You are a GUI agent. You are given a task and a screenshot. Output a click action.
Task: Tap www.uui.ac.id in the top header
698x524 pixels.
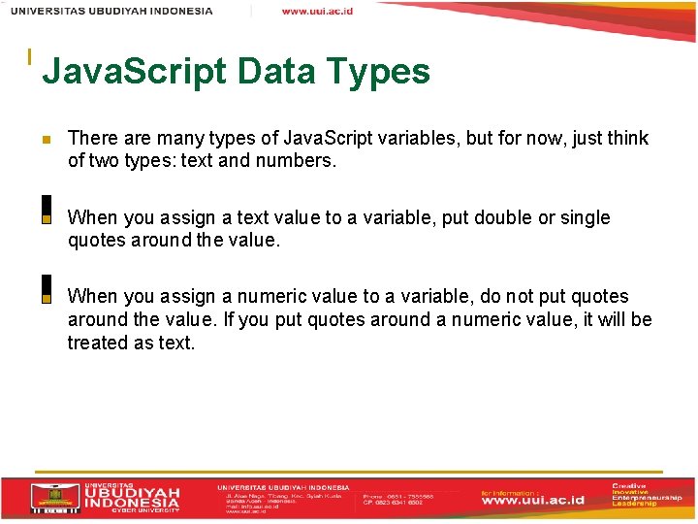[317, 11]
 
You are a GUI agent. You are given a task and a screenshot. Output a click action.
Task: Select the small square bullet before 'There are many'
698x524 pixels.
[45, 139]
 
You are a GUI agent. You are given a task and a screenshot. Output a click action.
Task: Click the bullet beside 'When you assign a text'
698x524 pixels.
[46, 218]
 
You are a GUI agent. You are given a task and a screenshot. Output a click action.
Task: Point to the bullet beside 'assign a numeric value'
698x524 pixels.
[46, 297]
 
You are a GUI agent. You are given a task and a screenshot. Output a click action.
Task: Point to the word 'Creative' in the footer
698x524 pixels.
[630, 484]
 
